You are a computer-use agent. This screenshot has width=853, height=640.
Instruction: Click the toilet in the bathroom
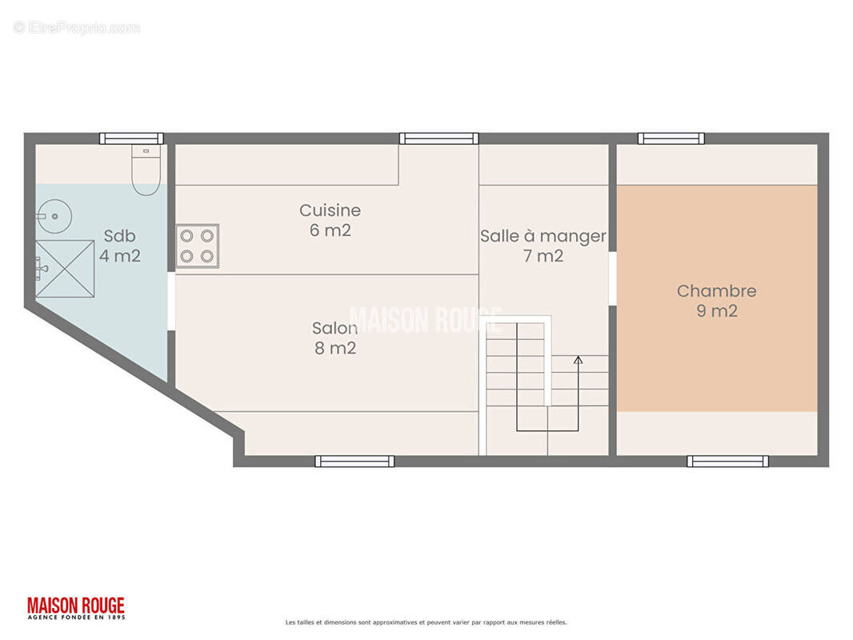146,170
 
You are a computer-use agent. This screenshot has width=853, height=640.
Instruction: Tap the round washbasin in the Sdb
54,217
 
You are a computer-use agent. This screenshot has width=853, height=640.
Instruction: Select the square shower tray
66,269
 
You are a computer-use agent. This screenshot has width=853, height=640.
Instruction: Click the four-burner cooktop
198,246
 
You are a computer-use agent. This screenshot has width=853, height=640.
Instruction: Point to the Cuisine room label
330,210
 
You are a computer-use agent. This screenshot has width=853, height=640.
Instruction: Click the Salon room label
334,328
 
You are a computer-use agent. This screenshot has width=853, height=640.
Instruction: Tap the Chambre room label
716,291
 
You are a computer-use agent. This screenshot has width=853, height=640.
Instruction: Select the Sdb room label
120,236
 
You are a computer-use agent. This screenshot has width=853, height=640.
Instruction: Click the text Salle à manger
543,236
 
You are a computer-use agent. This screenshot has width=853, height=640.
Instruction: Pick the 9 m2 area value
717,311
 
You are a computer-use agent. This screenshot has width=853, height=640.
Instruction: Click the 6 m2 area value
330,230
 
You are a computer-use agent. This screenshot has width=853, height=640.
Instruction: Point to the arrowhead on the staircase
579,360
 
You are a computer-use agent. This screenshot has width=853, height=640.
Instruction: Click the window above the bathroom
132,138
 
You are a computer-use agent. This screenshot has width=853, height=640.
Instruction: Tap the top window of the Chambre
671,138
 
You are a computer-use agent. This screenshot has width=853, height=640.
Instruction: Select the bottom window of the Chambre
728,462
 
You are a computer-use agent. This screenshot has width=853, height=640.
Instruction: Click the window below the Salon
354,462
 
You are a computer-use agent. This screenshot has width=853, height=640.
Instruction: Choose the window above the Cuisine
439,138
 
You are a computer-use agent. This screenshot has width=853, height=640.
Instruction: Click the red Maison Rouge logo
76,609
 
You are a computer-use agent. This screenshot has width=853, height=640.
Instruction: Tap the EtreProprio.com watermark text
77,27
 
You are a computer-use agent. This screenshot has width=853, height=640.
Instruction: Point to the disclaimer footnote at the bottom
426,622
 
